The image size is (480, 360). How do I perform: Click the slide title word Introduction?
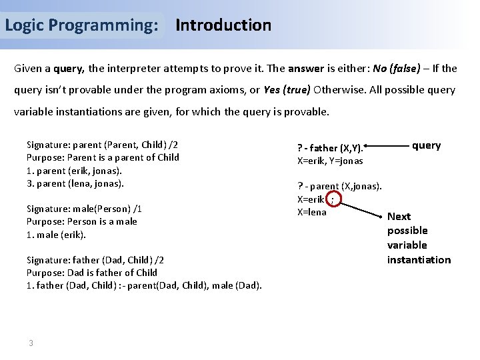point(223,25)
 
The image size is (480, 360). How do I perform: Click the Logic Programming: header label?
point(81,25)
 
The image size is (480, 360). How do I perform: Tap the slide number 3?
point(31,343)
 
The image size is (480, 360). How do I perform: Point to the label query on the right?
point(426,145)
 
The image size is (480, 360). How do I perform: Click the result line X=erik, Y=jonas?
point(329,161)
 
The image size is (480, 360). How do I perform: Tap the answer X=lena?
point(311,212)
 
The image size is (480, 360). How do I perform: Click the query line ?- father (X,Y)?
point(329,148)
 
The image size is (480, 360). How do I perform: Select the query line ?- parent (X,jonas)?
point(339,185)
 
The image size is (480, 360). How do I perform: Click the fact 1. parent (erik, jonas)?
point(75,170)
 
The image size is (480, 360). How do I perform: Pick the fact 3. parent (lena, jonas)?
point(75,183)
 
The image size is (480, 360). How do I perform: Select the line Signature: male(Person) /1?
point(83,208)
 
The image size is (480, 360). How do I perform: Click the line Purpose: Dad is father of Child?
point(91,272)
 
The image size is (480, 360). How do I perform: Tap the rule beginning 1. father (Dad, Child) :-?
point(143,285)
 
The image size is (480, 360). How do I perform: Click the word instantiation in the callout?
point(419,259)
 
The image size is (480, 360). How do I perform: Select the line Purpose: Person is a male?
point(81,221)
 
